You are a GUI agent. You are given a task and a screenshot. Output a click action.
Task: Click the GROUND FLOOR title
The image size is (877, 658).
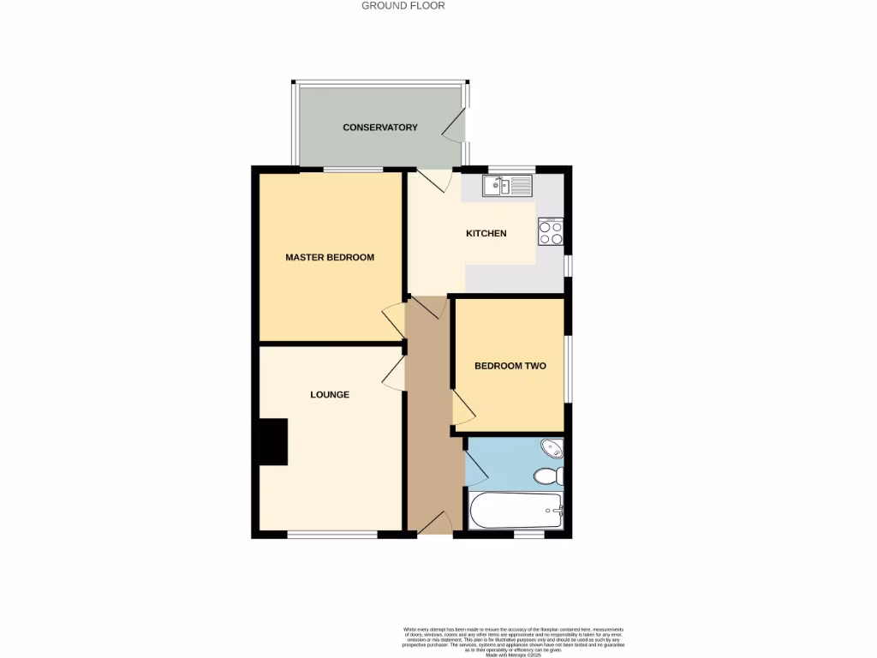(x=403, y=6)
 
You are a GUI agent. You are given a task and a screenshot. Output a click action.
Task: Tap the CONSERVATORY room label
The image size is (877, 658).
(x=380, y=128)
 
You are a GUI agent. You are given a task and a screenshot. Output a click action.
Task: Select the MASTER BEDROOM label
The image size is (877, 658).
(x=330, y=257)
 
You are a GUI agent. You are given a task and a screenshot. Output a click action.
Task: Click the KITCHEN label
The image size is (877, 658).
(x=486, y=234)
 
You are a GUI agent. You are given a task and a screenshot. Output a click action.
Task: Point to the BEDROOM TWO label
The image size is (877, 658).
(x=510, y=366)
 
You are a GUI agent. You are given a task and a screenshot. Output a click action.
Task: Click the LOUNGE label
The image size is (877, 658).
(x=330, y=395)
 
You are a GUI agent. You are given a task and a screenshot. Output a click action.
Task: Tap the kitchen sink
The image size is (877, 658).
(x=507, y=185)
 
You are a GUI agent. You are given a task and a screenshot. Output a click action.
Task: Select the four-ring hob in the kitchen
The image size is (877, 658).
(x=550, y=232)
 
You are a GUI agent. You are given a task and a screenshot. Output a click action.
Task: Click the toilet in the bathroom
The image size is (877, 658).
(x=546, y=476)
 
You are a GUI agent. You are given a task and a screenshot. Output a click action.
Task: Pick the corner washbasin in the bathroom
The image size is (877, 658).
(x=552, y=448)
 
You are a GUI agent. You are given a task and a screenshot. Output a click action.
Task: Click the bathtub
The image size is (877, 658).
(x=514, y=511)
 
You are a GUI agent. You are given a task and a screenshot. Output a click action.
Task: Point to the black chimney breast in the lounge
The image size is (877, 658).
(x=273, y=442)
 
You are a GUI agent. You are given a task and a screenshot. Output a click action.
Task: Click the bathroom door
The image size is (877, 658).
(x=476, y=468)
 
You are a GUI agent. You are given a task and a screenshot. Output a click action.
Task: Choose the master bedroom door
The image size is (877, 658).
(x=394, y=320)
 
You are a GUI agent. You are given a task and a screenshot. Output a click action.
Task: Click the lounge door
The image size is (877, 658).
(x=394, y=373)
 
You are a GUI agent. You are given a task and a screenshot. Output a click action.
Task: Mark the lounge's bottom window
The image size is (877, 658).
(x=332, y=535)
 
